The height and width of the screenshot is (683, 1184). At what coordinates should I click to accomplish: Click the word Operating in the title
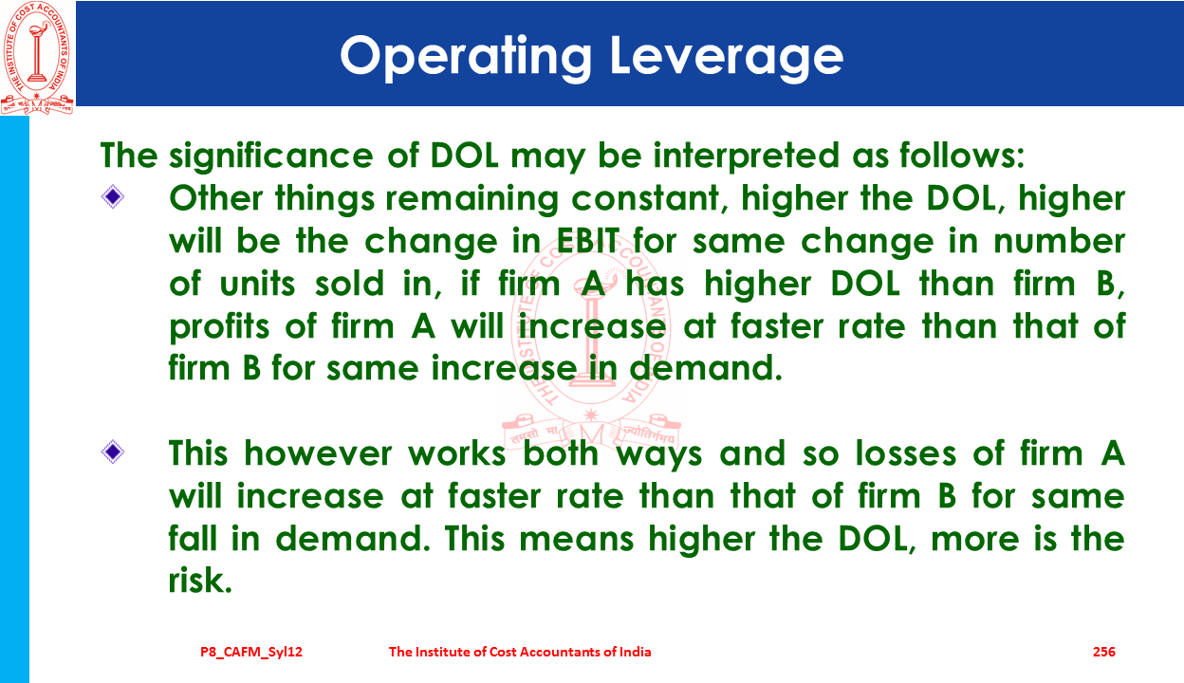(x=466, y=57)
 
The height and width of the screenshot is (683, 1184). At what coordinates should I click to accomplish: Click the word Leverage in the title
(x=727, y=57)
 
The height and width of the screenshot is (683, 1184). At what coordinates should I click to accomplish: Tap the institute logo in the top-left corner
(x=37, y=58)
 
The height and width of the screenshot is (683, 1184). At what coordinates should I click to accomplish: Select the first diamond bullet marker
(x=113, y=196)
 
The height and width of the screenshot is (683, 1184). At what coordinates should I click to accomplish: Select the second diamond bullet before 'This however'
(x=113, y=452)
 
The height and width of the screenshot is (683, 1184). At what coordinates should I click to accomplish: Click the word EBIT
(x=588, y=241)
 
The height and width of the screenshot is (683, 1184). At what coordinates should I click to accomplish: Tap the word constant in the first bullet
(x=645, y=199)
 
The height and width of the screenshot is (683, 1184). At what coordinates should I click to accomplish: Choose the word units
(x=257, y=284)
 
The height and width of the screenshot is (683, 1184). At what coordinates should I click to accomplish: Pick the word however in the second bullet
(x=318, y=453)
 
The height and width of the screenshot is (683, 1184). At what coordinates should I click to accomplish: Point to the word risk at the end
(x=200, y=580)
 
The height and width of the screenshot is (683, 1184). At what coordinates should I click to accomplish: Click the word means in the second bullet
(x=576, y=540)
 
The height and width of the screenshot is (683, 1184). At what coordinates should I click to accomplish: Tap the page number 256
(x=1104, y=652)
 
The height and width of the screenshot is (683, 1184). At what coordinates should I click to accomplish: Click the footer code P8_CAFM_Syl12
(x=251, y=653)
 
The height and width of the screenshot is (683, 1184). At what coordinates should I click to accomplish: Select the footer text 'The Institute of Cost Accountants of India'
(x=520, y=652)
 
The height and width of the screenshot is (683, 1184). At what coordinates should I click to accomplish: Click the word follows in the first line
(x=962, y=156)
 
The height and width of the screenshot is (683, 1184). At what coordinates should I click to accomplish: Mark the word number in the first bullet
(x=1059, y=241)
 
